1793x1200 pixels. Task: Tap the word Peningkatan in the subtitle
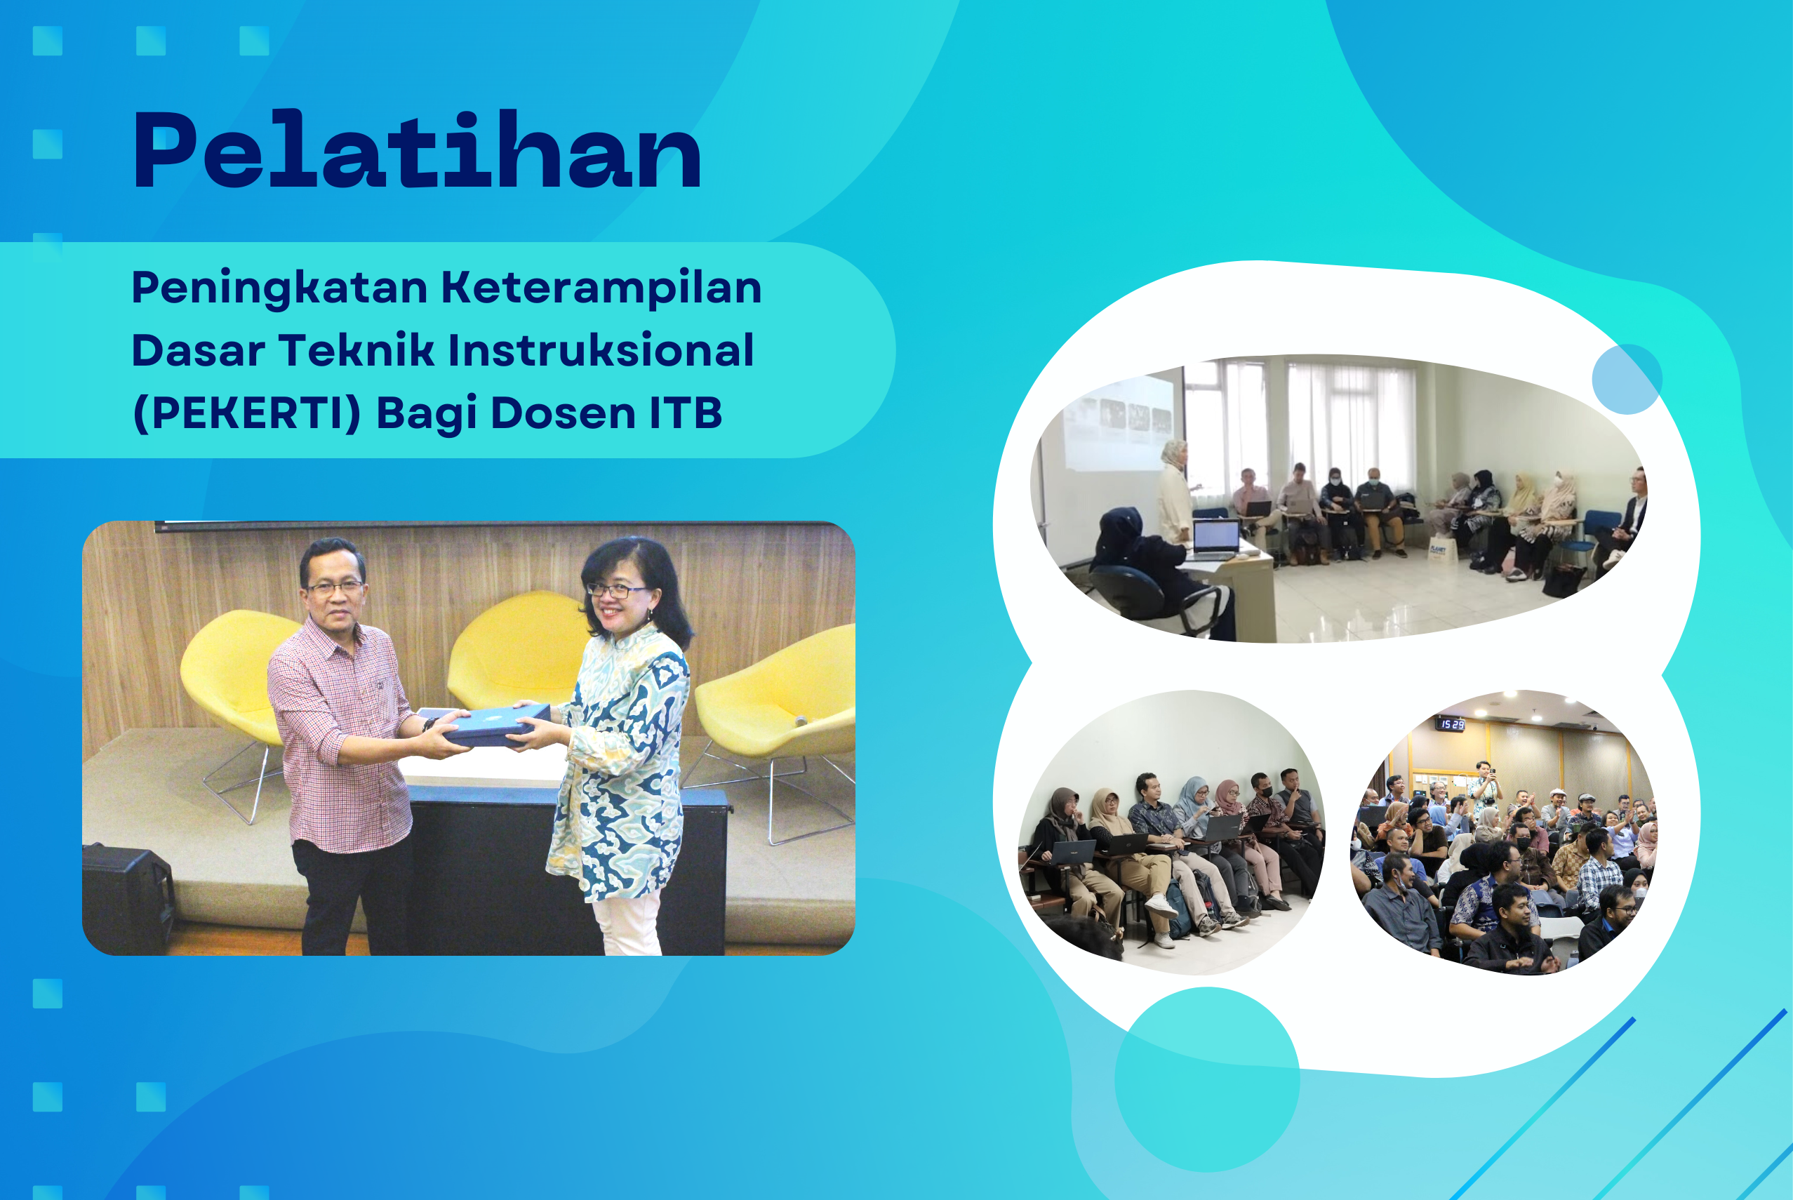tap(280, 289)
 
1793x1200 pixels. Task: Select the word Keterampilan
tap(601, 289)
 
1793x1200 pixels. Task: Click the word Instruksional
tap(601, 350)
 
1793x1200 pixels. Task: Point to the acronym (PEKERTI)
tap(246, 413)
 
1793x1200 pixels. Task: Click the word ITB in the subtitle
tap(686, 413)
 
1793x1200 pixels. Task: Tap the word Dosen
tap(564, 413)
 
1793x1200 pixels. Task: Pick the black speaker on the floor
tap(127, 898)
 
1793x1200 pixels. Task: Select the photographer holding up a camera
tap(1486, 784)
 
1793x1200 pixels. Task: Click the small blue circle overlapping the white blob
tap(1627, 379)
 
